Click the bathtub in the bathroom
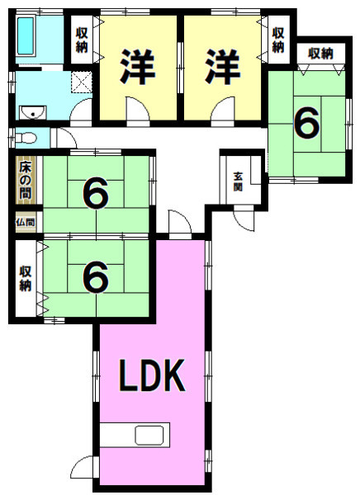(26, 36)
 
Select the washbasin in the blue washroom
(33, 112)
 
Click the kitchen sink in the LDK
(149, 435)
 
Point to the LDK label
(152, 375)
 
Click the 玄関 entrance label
(238, 181)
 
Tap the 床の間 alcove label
(26, 180)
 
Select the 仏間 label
(26, 222)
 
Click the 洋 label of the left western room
(138, 67)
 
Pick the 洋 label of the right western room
(223, 67)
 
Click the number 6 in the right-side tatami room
(306, 124)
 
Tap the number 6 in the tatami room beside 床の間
(96, 193)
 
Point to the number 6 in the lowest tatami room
(96, 277)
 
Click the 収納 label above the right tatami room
(321, 54)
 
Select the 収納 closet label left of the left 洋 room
(82, 40)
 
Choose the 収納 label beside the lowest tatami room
(26, 279)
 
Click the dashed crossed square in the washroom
(82, 82)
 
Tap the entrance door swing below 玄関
(244, 218)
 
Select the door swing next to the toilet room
(67, 138)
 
